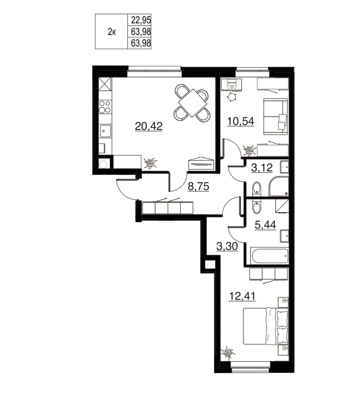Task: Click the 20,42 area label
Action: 149,126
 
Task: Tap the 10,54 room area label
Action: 240,122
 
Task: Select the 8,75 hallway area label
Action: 198,188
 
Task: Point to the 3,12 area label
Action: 262,167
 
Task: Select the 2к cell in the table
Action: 111,32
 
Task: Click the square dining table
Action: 192,102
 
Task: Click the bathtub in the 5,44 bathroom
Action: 269,255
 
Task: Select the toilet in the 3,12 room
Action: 257,187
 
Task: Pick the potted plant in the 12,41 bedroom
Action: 228,353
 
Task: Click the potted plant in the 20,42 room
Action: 152,163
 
